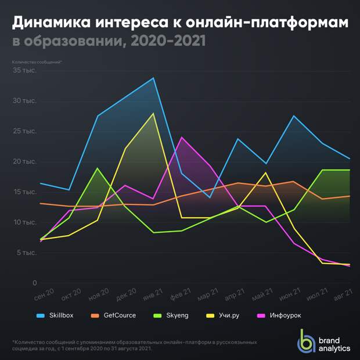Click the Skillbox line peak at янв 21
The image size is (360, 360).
tap(154, 78)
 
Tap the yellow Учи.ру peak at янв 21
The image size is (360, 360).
tap(154, 113)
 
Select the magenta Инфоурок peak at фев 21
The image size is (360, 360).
tap(182, 137)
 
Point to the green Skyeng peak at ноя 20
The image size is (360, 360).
tap(97, 168)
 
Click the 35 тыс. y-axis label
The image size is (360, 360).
tap(25, 70)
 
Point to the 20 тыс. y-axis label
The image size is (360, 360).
tap(25, 161)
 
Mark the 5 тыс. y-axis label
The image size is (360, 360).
tap(26, 253)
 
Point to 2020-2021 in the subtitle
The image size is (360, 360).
tap(168, 42)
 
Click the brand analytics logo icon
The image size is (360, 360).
tap(306, 340)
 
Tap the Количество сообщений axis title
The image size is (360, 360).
tap(37, 62)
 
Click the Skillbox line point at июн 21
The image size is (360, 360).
tap(295, 116)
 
